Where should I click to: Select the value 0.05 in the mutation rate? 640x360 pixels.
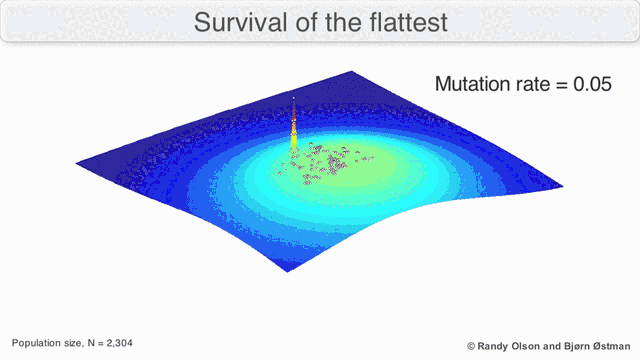tap(591, 84)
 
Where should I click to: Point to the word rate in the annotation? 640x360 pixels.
tap(531, 84)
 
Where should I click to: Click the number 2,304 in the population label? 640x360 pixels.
tap(117, 343)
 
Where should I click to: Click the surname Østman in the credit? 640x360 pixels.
tap(615, 344)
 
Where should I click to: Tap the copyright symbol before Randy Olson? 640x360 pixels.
tap(471, 344)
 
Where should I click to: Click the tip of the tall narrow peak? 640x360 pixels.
tap(293, 97)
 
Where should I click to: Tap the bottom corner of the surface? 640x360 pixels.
tap(288, 271)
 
